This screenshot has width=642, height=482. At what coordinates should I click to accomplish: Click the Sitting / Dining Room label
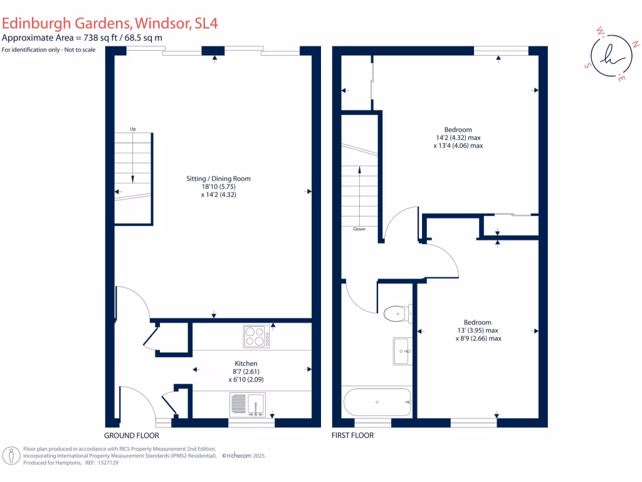(x=218, y=179)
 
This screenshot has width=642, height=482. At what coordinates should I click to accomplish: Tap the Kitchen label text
(x=246, y=363)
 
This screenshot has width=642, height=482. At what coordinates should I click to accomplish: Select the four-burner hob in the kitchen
(x=256, y=336)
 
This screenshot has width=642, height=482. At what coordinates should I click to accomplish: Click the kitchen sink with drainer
(x=248, y=404)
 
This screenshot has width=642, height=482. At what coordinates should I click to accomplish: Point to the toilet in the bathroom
(x=397, y=312)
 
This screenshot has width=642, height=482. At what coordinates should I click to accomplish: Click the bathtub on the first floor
(x=377, y=402)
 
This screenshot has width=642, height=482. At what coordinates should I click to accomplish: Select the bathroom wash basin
(x=401, y=351)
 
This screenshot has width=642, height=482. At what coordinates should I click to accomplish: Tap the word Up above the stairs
(x=133, y=129)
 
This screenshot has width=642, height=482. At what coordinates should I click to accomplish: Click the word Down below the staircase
(x=359, y=229)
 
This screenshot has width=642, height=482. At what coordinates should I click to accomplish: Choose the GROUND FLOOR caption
(x=132, y=435)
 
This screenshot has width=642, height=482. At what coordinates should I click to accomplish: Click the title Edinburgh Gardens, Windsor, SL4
(x=110, y=24)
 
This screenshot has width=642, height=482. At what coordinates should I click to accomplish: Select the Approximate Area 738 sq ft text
(x=82, y=38)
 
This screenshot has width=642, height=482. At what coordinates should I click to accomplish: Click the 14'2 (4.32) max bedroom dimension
(x=458, y=138)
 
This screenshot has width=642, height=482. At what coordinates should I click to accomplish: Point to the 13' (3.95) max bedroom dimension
(x=478, y=330)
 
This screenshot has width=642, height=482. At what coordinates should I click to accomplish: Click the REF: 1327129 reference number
(x=101, y=463)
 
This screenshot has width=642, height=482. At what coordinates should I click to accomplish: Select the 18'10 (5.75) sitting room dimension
(x=218, y=187)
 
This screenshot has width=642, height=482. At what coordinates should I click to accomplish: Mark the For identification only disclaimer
(x=48, y=50)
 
